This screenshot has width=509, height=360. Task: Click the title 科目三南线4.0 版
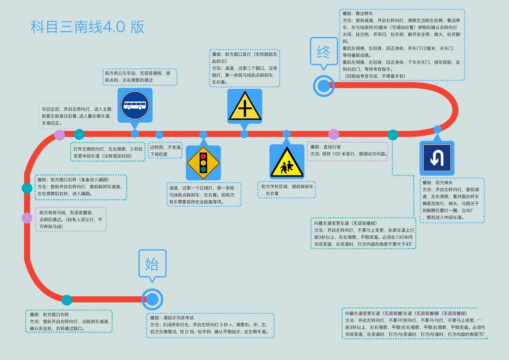(x=87, y=27)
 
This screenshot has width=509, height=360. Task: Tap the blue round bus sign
(x=135, y=105)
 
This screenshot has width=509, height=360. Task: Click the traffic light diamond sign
(x=203, y=163)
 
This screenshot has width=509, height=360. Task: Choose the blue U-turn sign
(x=437, y=158)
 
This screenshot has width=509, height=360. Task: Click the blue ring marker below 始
(x=152, y=299)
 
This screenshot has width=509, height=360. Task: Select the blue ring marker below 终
(x=324, y=85)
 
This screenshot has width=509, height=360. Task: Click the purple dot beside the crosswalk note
(x=27, y=218)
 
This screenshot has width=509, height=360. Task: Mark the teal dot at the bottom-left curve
(x=67, y=300)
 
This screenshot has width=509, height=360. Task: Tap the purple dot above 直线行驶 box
(x=334, y=134)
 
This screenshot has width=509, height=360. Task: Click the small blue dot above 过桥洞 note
(x=159, y=135)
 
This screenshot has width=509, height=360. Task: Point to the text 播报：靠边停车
(x=358, y=13)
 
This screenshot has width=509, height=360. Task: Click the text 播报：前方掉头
(x=437, y=183)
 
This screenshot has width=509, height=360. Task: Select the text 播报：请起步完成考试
(x=172, y=318)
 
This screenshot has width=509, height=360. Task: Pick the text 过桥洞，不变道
(x=165, y=147)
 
